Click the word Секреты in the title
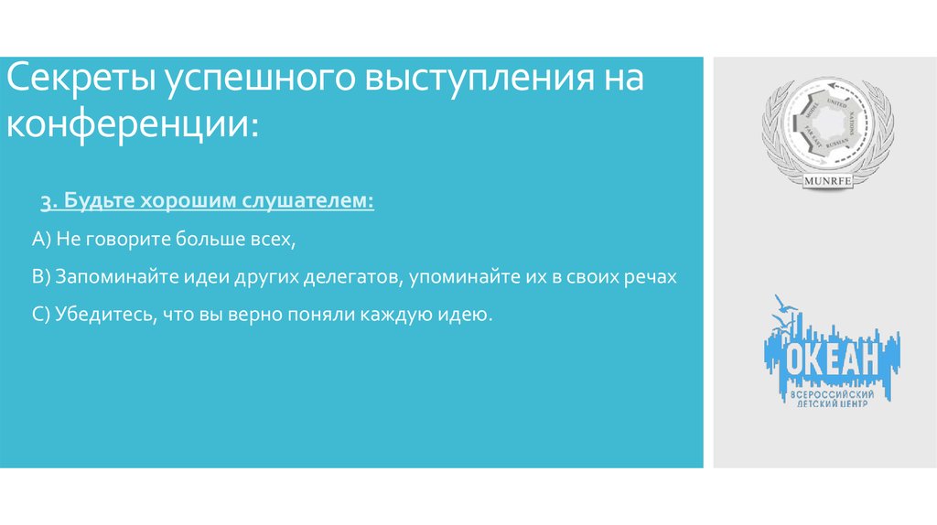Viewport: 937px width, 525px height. tap(81, 80)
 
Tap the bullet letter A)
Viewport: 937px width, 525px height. tap(41, 240)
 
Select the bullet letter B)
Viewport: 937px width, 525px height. tap(41, 277)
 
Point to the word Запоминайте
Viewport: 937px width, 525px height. tap(111, 277)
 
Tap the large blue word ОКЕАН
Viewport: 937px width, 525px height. tap(832, 359)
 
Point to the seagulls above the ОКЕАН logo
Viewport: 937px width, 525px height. tap(781, 309)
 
